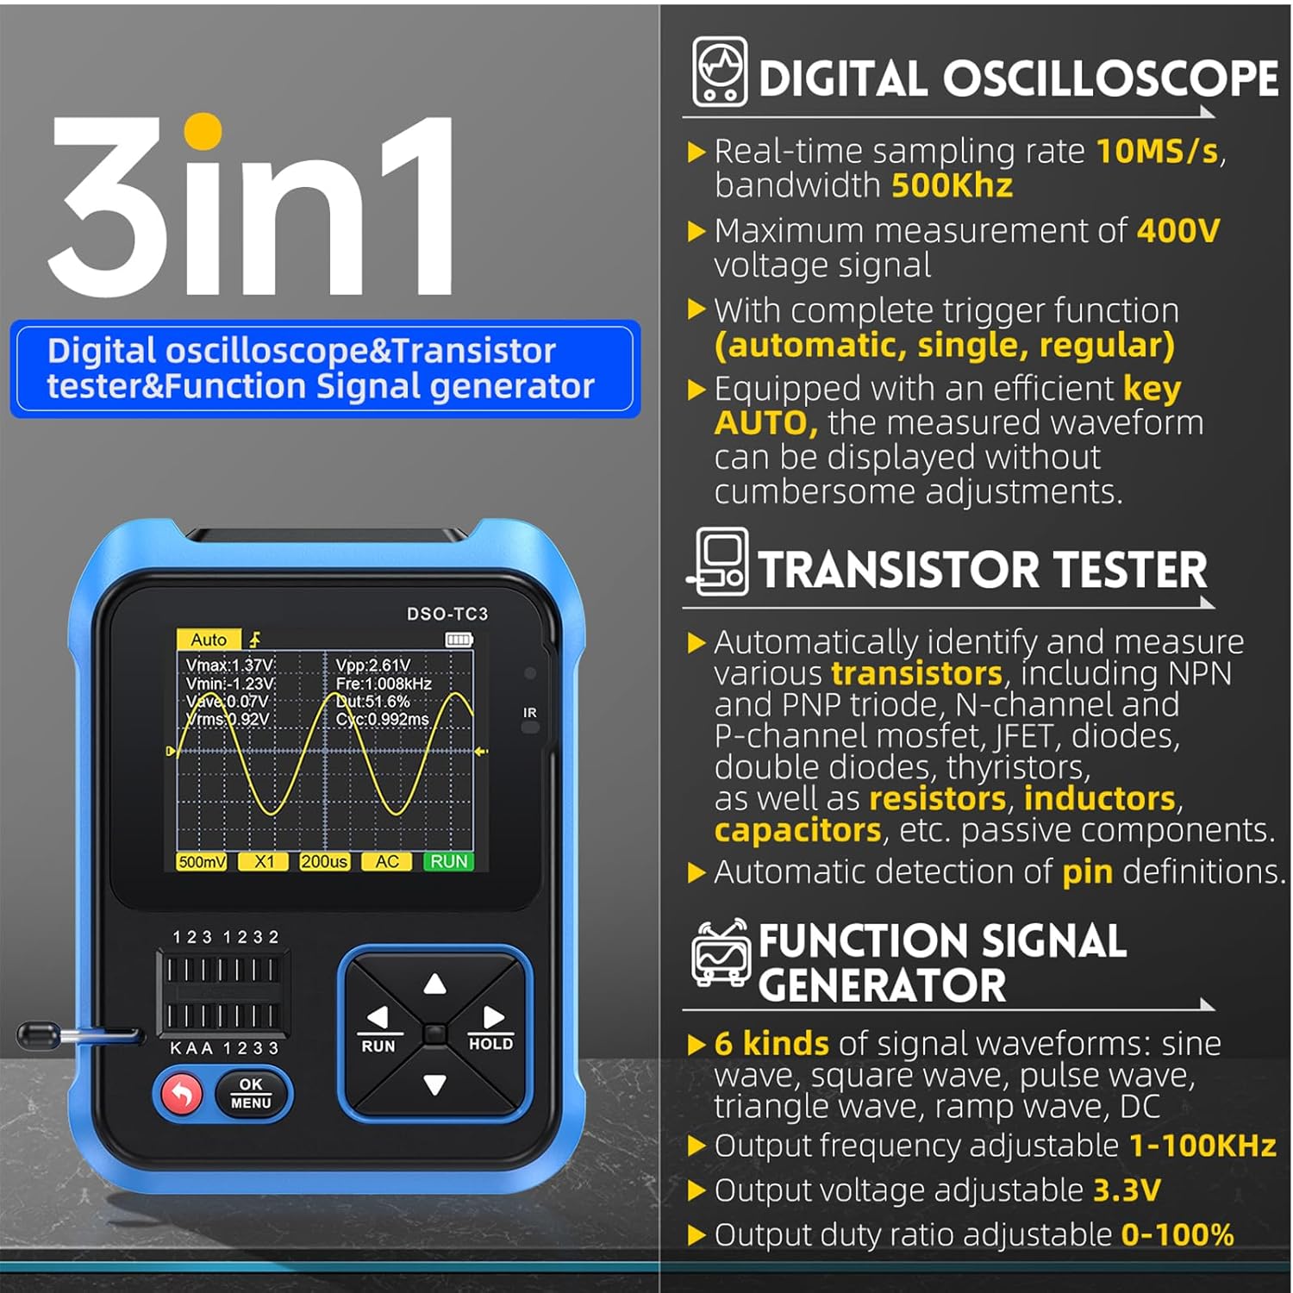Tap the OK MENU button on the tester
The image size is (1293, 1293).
[x=251, y=1094]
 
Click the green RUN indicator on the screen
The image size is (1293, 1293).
[x=448, y=861]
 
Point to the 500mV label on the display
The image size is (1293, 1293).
[x=202, y=861]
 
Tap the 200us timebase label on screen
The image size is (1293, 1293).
[x=324, y=861]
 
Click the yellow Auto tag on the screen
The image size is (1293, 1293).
[x=208, y=640]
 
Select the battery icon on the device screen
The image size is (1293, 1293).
[x=459, y=640]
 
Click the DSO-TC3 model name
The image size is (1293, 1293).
[x=447, y=614]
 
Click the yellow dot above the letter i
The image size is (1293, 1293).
[x=203, y=132]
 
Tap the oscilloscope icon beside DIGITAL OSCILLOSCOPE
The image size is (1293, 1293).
[x=720, y=72]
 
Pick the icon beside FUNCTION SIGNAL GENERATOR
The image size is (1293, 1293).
[x=720, y=954]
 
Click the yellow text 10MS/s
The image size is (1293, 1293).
[x=1157, y=152]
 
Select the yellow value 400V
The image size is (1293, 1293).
[x=1178, y=231]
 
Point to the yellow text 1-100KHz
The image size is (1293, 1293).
[x=1202, y=1146]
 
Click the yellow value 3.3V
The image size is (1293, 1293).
[x=1127, y=1190]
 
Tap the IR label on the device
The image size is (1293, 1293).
[x=529, y=713]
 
